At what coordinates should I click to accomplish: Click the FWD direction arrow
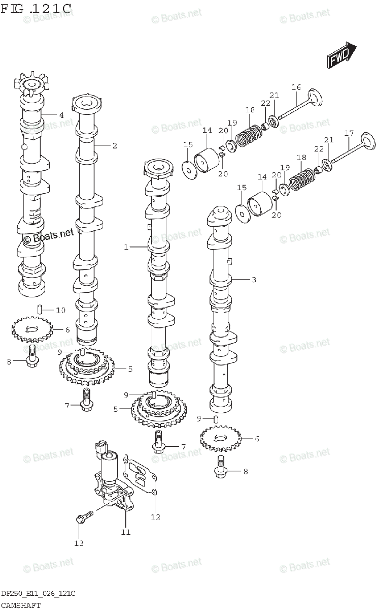click(341, 55)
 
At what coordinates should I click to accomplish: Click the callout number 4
click(61, 115)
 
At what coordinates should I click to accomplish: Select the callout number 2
click(115, 146)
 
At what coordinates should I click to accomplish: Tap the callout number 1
click(126, 247)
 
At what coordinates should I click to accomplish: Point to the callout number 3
click(254, 280)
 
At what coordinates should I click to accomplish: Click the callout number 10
click(60, 310)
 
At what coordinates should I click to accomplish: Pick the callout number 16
click(296, 87)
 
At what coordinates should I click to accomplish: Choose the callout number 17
click(349, 133)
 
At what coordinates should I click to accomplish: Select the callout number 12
click(155, 516)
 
